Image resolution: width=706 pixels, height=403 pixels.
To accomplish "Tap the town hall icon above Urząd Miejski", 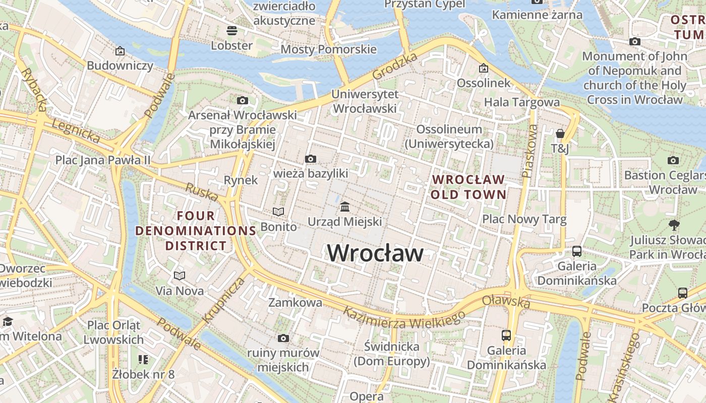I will coord(345,207).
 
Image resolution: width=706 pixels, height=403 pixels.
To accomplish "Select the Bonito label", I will coord(278,227).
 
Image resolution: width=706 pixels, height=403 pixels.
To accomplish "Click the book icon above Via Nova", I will coord(180,276).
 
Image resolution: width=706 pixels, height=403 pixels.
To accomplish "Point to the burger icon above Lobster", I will coord(232,31).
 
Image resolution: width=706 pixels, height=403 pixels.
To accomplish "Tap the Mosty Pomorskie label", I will coord(328,49).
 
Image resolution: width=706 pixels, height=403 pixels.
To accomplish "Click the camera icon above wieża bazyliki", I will coord(311,159).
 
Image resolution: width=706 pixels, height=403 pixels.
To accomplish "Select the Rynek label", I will coord(241,180).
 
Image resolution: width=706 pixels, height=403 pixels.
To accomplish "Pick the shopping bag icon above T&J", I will coord(560,133).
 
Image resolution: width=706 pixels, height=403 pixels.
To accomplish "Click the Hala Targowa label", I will coord(521,102).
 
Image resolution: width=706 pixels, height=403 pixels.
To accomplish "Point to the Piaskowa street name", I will coord(529,151).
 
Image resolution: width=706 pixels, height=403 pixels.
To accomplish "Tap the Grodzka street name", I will coord(395,65).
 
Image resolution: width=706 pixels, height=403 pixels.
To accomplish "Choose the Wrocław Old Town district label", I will coord(468,187).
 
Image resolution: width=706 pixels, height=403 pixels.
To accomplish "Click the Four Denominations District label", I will coord(196,231).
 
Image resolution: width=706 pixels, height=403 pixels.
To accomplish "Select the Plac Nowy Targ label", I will coord(524,220).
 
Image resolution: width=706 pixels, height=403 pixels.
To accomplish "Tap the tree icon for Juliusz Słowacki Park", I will coord(674,225).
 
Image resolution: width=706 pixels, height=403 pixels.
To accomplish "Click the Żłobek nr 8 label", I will coord(143,374).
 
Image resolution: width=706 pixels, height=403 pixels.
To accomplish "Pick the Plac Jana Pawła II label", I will coord(103,160).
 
